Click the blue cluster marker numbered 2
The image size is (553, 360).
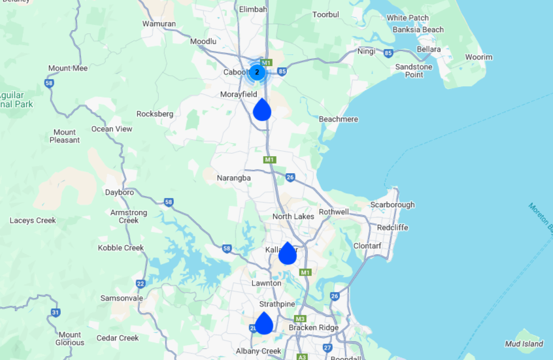pos(258,72)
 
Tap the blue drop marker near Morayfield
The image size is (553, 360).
pos(262,110)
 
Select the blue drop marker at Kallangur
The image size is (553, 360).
pos(288,254)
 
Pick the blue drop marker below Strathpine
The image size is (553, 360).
pos(264,323)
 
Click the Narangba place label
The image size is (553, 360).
pos(234,178)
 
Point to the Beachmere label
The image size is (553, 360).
pos(338,120)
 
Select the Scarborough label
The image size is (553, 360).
pos(392,205)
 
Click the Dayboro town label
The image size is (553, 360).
pos(120,192)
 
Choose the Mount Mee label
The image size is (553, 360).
pos(68,68)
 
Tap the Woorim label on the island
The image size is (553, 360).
pos(479,57)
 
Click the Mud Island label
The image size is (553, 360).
pos(524,344)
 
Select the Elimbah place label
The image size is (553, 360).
pos(254,9)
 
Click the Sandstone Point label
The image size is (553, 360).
pos(414,71)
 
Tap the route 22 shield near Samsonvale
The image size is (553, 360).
pos(141,284)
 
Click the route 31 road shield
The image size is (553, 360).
pos(55,313)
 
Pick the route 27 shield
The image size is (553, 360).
pos(327,348)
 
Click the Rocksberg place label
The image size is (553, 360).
pos(155,114)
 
